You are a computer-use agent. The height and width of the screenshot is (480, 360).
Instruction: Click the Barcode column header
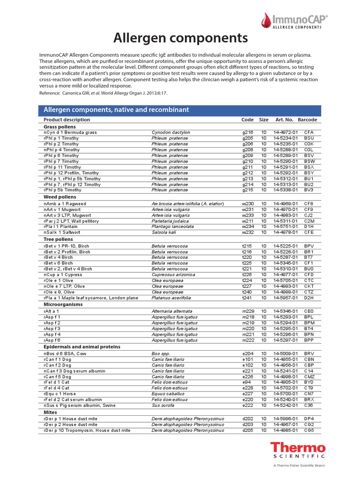[307, 120]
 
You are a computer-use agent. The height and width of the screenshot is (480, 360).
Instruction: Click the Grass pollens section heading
[60, 127]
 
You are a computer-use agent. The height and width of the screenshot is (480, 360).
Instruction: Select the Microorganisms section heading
[63, 304]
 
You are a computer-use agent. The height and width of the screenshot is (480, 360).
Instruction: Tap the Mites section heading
[51, 412]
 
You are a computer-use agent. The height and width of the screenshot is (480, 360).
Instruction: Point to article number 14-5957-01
[285, 298]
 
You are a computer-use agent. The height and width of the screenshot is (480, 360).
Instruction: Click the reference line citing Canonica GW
[103, 93]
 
